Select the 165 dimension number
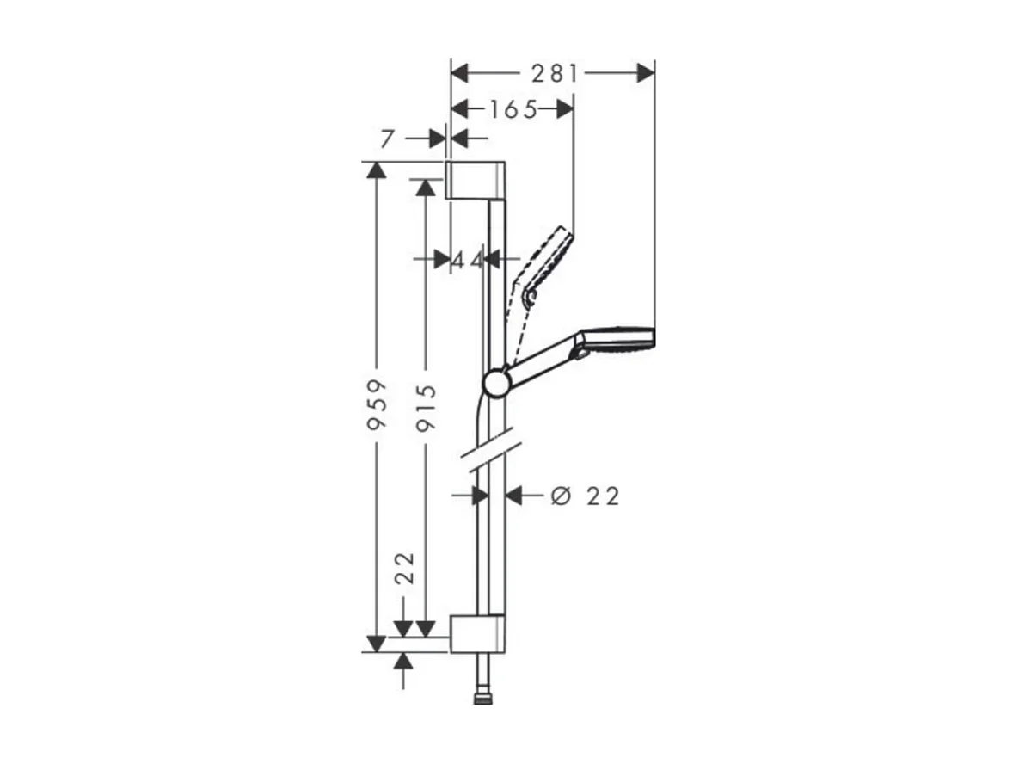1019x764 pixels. tap(513, 109)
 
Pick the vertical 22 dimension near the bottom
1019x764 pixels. tap(405, 569)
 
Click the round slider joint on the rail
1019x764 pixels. tap(497, 383)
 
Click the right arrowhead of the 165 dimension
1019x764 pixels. tap(564, 109)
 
